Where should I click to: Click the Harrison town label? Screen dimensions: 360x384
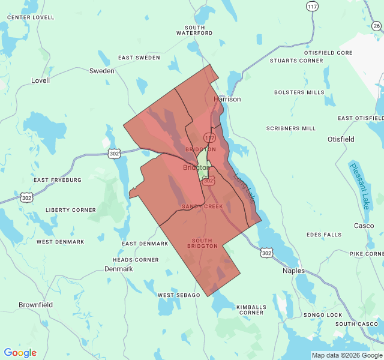tap(227, 99)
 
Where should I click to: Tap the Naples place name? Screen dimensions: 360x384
tap(294, 271)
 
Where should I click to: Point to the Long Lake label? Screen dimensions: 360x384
tap(245, 188)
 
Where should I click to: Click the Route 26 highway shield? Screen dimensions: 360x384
tap(376, 26)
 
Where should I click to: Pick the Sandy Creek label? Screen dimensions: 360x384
tap(202, 206)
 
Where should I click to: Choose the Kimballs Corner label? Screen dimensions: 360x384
tap(250, 310)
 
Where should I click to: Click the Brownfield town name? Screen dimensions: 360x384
tap(35, 305)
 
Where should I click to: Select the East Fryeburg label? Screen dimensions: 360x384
tap(57, 180)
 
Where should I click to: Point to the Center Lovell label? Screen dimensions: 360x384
tap(31, 17)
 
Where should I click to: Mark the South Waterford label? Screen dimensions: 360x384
tap(194, 30)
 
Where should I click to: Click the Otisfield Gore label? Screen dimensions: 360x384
tap(328, 53)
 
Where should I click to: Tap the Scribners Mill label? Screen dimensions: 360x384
tap(291, 128)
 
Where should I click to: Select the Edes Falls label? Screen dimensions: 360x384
tap(323, 235)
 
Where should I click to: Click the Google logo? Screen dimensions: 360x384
tap(20, 353)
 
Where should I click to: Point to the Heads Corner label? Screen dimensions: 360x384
tap(136, 260)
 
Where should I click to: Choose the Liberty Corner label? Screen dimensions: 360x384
tap(70, 210)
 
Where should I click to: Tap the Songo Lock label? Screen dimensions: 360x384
tap(322, 315)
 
